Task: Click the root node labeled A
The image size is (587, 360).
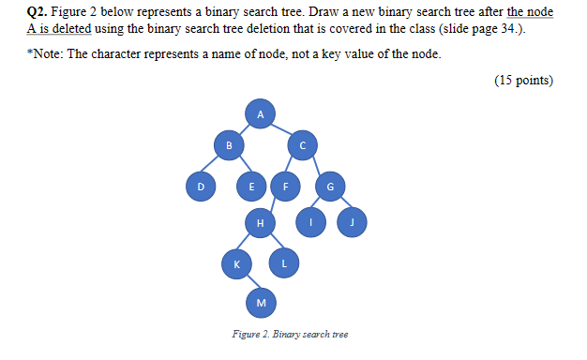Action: coord(261,113)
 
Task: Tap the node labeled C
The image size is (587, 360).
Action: coord(302,145)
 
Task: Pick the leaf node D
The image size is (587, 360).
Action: coord(199,187)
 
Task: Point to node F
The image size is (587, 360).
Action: coord(285,187)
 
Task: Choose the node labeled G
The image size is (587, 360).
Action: coord(329,187)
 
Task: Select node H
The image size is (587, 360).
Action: coord(260,222)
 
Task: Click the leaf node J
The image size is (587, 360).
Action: coord(354,222)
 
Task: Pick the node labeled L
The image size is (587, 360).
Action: coord(284,265)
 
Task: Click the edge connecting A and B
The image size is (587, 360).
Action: coord(244,129)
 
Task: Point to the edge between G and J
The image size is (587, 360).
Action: coord(341,204)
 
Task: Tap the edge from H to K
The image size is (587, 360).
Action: coord(248,244)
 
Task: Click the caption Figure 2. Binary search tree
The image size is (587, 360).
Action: coord(290,335)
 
